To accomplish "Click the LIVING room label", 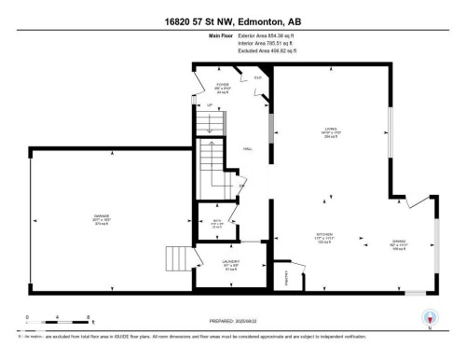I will click(x=329, y=132).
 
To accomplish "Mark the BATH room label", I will click(x=216, y=221).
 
